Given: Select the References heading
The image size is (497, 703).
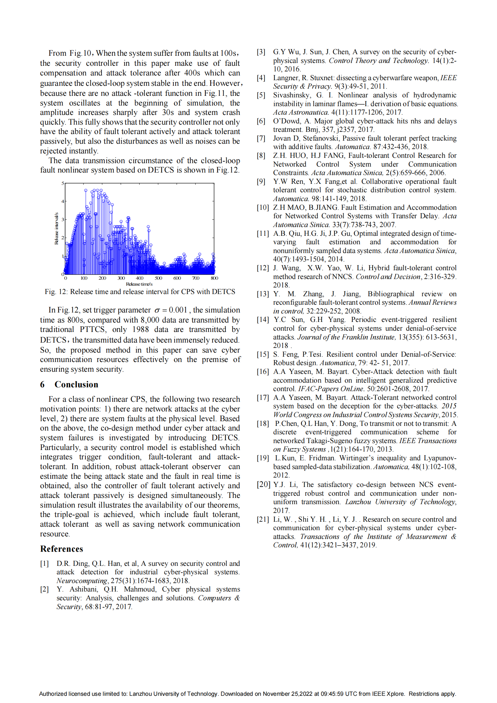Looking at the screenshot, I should pos(62,549).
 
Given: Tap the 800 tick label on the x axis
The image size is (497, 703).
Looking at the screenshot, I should pos(214,278).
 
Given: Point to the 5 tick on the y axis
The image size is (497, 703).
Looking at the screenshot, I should pos(63,183).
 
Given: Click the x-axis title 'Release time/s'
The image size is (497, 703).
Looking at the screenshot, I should pos(139,284).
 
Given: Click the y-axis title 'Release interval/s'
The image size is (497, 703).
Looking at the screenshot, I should pos(56,228).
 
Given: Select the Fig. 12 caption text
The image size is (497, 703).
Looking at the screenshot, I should pos(140,292).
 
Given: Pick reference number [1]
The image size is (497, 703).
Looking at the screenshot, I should pos(44,563).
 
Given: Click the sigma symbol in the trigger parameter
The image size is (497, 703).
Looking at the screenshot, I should pos(157,310).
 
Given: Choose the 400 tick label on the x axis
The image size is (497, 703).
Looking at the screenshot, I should pos(140,278).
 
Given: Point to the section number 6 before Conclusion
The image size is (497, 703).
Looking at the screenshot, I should pos(42,384).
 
